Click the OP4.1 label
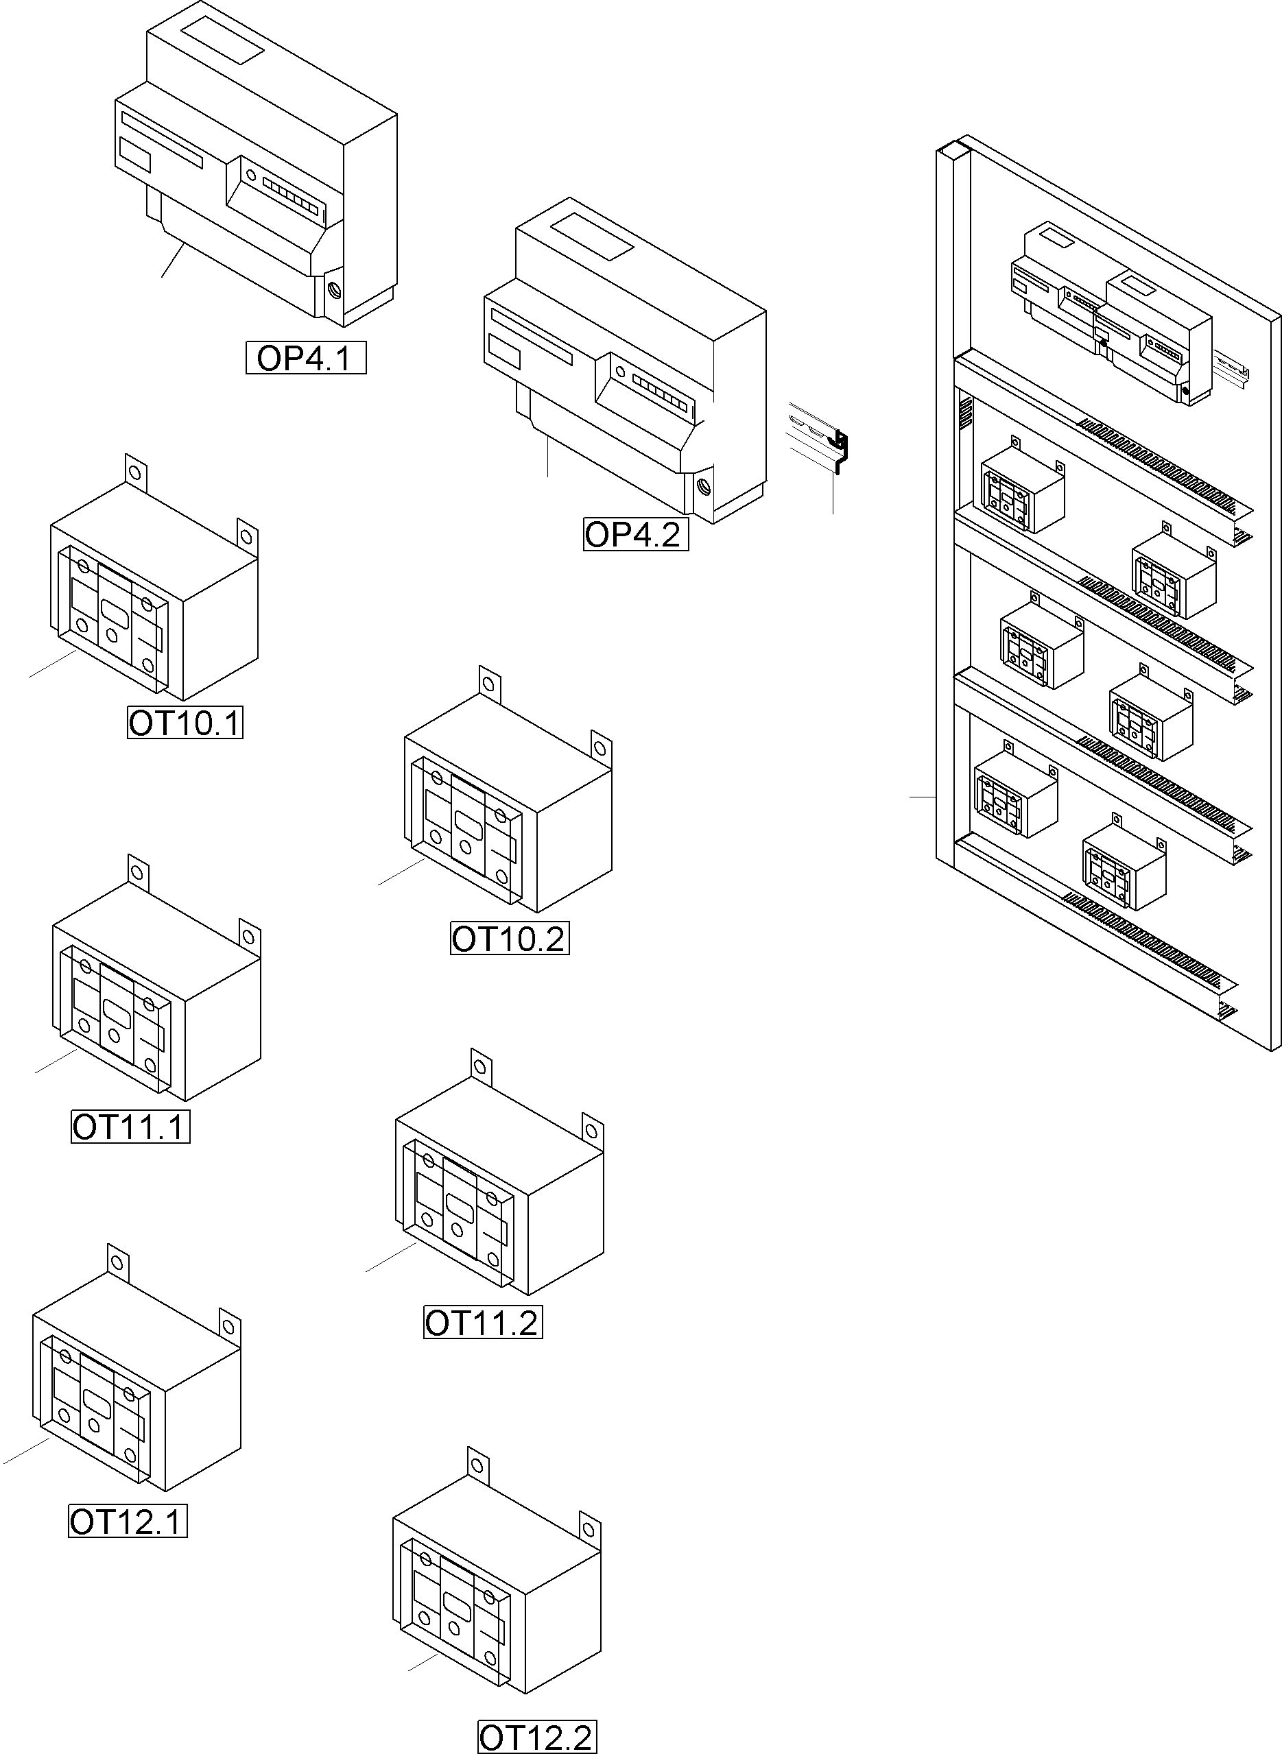point(306,358)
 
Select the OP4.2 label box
point(636,535)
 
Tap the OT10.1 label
point(185,723)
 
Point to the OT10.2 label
point(510,939)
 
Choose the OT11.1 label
point(130,1127)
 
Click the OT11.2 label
point(483,1323)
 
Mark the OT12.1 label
point(128,1522)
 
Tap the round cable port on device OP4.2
point(704,487)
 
